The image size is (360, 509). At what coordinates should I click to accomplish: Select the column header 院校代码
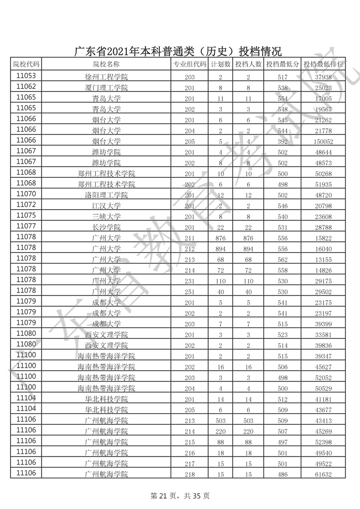(x=26, y=64)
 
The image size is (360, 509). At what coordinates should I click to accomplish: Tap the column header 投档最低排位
(x=324, y=64)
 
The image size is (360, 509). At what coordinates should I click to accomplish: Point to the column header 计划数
(x=220, y=64)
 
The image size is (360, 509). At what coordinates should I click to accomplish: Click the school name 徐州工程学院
(x=106, y=77)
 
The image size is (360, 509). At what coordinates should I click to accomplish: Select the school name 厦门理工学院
(x=106, y=88)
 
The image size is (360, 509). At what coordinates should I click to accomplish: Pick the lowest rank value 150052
(x=324, y=141)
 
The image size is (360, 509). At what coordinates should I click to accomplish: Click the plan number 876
(x=220, y=238)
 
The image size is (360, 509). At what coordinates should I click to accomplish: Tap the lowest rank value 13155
(x=324, y=260)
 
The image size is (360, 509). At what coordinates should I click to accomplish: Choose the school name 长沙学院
(x=106, y=227)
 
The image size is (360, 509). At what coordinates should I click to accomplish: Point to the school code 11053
(x=26, y=76)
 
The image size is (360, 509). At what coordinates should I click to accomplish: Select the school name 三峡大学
(x=106, y=216)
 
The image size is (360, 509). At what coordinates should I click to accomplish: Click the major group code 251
(x=189, y=292)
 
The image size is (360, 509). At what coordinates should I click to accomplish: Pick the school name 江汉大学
(x=106, y=206)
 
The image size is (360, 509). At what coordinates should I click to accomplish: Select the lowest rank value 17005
(x=324, y=99)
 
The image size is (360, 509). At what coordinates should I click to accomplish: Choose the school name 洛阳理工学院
(x=106, y=195)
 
